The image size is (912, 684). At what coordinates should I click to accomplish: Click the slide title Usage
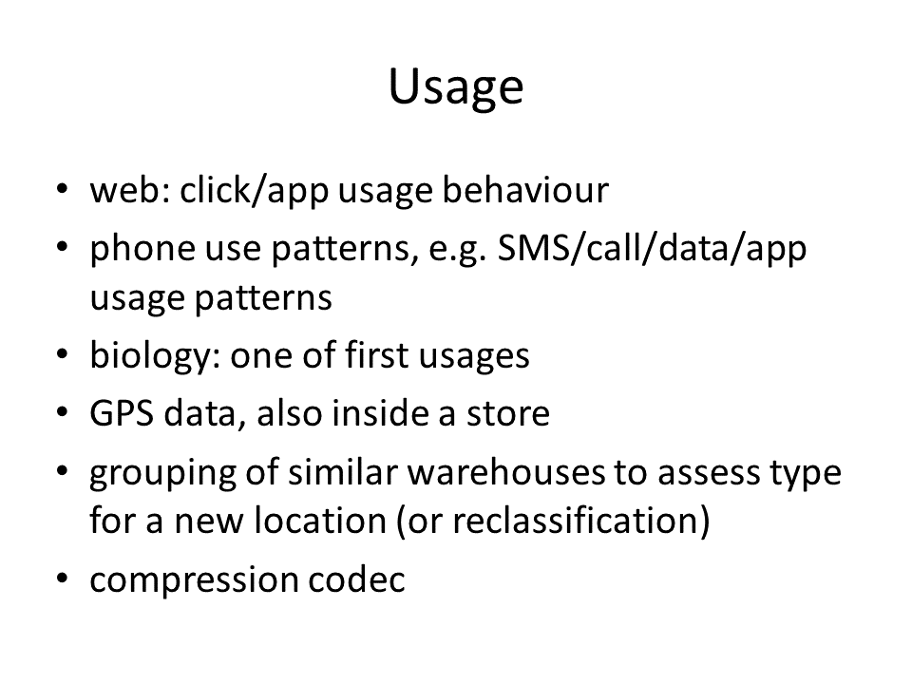[x=456, y=87]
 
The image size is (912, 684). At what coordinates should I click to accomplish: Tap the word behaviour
[x=525, y=190]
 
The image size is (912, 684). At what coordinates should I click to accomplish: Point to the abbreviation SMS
[x=535, y=248]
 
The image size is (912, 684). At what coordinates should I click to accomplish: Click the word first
[x=376, y=354]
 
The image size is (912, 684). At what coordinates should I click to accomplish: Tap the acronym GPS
[x=122, y=413]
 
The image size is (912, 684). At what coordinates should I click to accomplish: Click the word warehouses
[x=506, y=471]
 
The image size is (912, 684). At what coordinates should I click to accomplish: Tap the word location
[x=320, y=520]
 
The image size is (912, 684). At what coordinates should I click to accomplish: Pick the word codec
[x=356, y=579]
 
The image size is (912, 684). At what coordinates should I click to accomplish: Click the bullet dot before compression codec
[x=63, y=579]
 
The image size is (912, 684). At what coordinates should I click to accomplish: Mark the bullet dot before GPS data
[x=63, y=412]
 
